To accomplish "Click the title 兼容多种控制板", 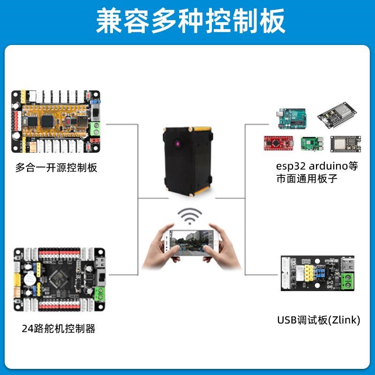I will click(187, 22).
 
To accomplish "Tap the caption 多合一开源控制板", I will click(56, 168).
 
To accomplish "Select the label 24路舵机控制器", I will click(59, 329).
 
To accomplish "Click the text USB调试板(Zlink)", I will click(318, 320).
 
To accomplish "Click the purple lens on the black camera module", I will click(178, 143).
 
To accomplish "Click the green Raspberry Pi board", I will click(311, 144).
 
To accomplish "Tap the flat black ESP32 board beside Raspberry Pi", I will click(345, 143).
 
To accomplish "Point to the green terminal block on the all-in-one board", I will click(99, 127).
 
